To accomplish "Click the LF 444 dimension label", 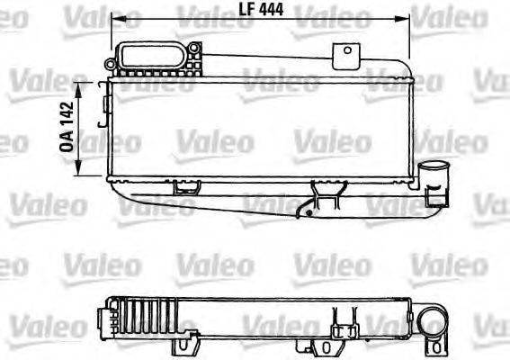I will (260, 10).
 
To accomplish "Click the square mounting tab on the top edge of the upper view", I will (344, 56).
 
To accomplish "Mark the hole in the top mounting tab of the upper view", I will (344, 52).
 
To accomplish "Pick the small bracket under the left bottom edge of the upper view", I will (186, 186).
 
